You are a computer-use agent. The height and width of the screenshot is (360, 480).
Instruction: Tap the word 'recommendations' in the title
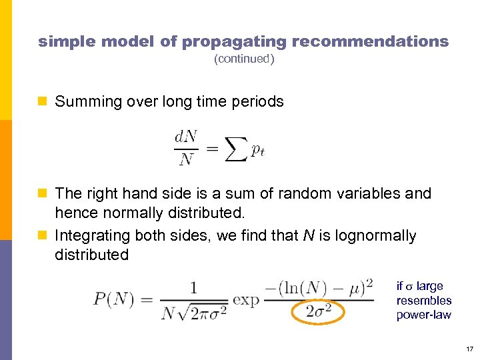coord(370,41)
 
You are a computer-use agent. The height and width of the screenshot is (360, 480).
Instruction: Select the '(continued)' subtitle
coord(243,59)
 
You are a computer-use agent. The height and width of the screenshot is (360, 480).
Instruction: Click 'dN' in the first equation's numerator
coord(185,137)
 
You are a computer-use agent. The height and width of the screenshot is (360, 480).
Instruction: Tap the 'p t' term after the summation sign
coord(258,151)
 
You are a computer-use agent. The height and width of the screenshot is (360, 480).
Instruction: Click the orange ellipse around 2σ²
coord(319,311)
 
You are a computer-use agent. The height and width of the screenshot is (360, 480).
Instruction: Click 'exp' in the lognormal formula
coord(246,299)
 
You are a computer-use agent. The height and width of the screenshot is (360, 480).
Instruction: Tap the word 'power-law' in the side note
coord(423,315)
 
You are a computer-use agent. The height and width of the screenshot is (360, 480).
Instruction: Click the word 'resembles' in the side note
coord(423,301)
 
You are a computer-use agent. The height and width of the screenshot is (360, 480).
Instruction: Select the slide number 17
coord(469,349)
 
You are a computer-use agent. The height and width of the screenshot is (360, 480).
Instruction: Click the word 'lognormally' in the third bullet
coord(375,236)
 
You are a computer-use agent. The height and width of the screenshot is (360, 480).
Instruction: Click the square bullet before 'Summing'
coord(43,102)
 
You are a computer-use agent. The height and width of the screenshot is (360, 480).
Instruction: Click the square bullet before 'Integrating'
coord(43,236)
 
